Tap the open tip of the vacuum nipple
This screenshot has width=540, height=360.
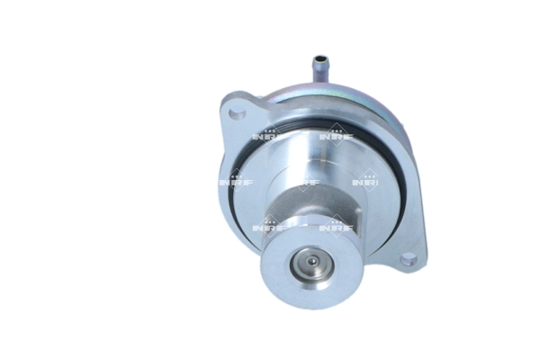[318, 58]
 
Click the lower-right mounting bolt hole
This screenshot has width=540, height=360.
[408, 259]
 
